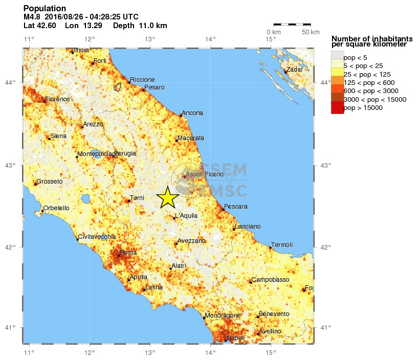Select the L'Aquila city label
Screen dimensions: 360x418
(186, 216)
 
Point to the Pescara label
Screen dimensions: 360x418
(236, 207)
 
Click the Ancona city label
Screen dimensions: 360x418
(192, 113)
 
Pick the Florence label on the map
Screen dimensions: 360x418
(57, 99)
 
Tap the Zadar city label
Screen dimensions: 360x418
(295, 70)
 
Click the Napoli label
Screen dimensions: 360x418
(235, 338)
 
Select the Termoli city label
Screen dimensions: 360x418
(281, 245)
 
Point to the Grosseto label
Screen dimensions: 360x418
(50, 182)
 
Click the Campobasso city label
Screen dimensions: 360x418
(270, 280)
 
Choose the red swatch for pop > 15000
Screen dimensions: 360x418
(337, 107)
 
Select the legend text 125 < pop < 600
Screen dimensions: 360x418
(369, 82)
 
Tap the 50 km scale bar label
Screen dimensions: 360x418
(310, 33)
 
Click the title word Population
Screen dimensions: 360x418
(45, 9)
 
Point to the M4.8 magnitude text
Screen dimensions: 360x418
(32, 17)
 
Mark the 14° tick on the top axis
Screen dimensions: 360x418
(210, 39)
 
